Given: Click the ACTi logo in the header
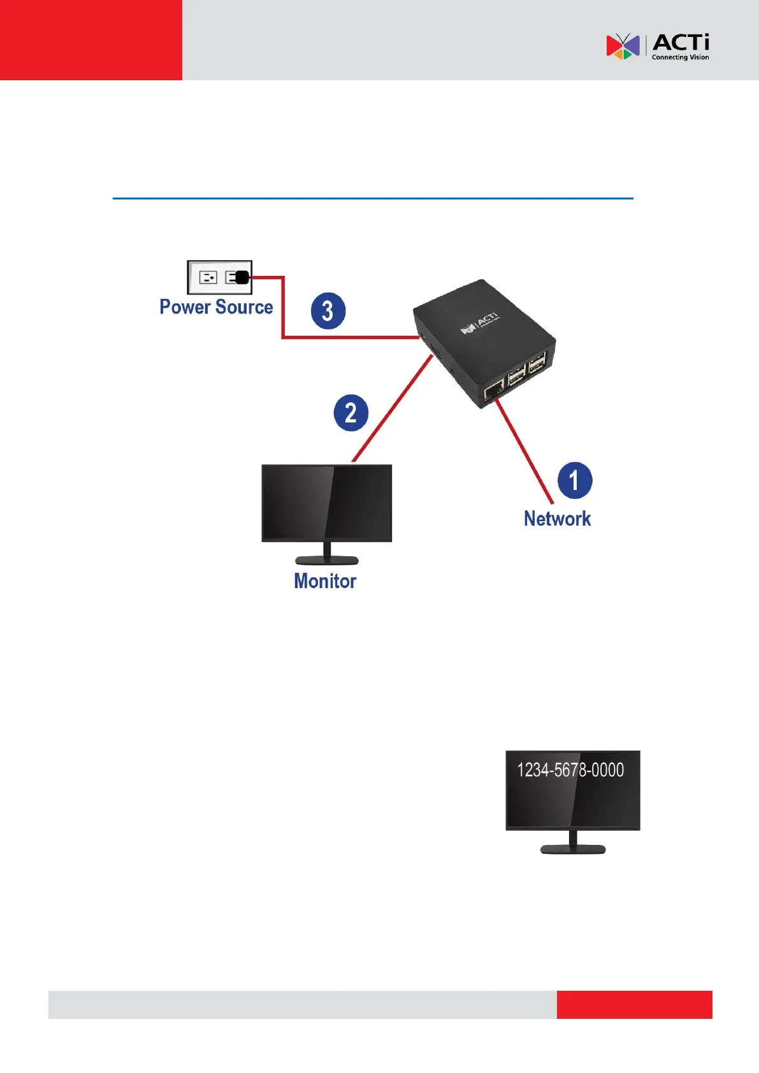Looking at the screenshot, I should [x=657, y=47].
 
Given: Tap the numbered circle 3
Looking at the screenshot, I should [x=328, y=311].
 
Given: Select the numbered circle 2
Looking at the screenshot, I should [x=351, y=413].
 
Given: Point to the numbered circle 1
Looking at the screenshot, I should [x=574, y=480].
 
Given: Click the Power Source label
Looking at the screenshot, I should [x=216, y=307].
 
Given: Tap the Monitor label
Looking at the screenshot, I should [x=325, y=581].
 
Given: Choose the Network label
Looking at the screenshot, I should [x=557, y=519].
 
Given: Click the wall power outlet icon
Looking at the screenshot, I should [x=219, y=277].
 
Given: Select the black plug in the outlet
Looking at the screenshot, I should [x=242, y=277].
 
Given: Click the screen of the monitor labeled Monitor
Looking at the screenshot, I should [x=326, y=502].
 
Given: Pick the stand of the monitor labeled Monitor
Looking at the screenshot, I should [x=326, y=556].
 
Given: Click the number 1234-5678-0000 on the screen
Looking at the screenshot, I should [x=570, y=770].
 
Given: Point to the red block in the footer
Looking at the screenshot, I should [x=634, y=1004].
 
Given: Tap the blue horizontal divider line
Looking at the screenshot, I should [x=373, y=199].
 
